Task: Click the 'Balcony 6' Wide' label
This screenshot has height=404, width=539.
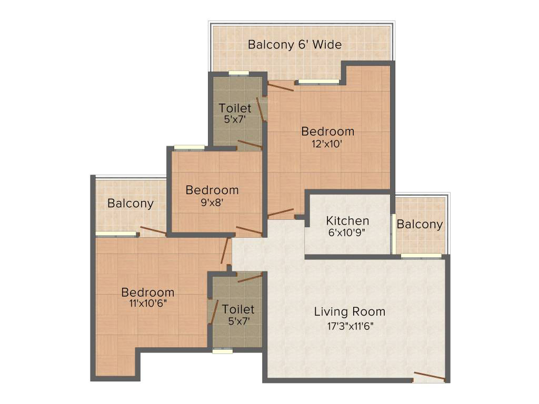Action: pos(295,45)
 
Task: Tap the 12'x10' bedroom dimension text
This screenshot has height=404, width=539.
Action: pos(326,144)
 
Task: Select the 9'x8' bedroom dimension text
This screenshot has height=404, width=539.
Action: pos(212,203)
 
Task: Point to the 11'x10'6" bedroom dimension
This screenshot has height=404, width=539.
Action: pos(148,304)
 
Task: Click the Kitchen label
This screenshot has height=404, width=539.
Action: pos(347,220)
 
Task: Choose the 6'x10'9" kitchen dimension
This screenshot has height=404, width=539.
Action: pos(346,233)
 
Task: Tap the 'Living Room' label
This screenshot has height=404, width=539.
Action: pos(350,312)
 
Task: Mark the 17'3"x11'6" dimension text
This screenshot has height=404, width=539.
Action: pos(350,326)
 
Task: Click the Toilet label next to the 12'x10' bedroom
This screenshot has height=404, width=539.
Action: pos(235,108)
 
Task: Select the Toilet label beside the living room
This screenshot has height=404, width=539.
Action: pos(238,309)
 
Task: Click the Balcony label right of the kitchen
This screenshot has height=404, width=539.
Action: pos(420,224)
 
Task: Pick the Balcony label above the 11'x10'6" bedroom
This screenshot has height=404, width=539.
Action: pos(131,204)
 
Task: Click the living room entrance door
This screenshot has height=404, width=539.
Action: pos(430,376)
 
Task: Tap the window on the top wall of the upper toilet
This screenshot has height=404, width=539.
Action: pos(239,73)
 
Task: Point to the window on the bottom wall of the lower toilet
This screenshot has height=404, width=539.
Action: pos(223,351)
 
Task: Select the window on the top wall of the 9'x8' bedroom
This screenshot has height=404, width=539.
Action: pos(189,148)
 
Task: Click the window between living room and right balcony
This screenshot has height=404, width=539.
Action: pos(421,256)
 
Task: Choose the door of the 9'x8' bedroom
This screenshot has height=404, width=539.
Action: pos(249,231)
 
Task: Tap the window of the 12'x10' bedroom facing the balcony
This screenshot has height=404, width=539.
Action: pos(318,82)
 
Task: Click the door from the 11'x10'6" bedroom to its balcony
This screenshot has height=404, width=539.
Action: pos(153,231)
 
